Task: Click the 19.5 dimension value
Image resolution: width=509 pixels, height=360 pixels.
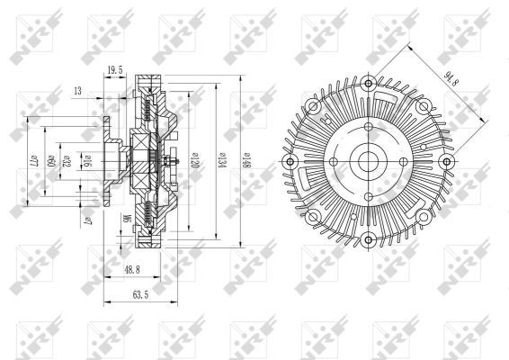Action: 114,68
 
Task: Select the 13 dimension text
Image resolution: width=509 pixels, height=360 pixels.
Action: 78,89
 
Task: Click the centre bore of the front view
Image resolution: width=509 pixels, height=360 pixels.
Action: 366,163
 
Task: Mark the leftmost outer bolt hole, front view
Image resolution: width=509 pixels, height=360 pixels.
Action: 289,163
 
